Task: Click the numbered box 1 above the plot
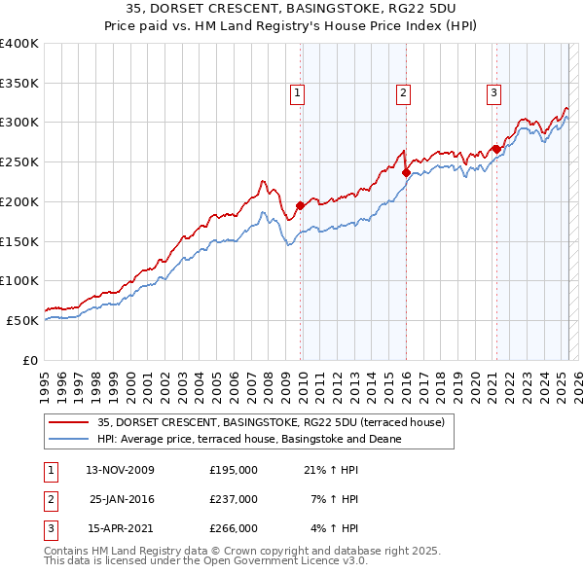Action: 298,93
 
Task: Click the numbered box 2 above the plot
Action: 403,93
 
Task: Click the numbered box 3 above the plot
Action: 493,93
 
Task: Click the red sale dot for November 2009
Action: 300,205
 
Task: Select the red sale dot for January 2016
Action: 406,172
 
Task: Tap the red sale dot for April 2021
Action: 495,149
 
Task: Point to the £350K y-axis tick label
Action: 18,83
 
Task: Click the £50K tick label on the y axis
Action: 22,320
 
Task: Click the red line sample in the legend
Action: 69,422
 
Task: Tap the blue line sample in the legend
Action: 69,439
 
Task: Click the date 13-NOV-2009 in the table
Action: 121,470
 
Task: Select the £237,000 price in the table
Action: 234,499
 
